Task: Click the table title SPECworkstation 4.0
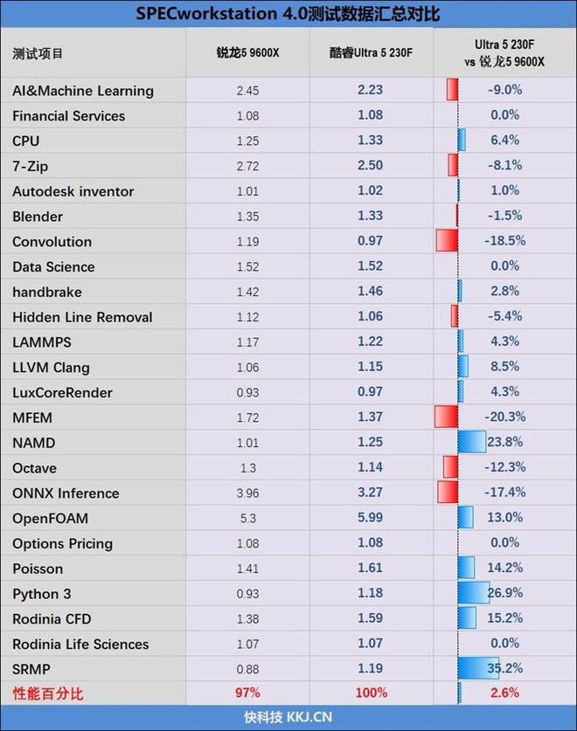[288, 14]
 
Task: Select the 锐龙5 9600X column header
[248, 52]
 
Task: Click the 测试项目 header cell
[38, 53]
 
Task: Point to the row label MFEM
[33, 417]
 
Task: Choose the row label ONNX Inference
[66, 493]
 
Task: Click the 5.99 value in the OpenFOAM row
[371, 519]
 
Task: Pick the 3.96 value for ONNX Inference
[248, 493]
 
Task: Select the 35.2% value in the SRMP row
[504, 670]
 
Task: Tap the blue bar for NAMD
[472, 443]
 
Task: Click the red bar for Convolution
[447, 241]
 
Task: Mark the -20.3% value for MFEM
[504, 417]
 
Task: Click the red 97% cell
[248, 693]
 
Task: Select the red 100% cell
[371, 693]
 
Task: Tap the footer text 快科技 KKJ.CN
[288, 717]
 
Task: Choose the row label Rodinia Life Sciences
[80, 645]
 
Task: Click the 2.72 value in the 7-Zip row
[248, 165]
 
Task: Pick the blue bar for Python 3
[474, 594]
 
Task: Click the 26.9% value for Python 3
[504, 594]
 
